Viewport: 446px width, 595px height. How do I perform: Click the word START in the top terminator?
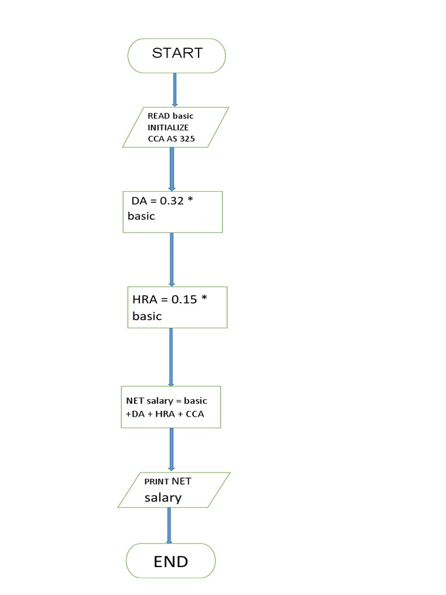click(177, 53)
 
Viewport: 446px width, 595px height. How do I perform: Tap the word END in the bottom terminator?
click(171, 562)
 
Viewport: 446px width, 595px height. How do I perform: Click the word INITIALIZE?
click(168, 127)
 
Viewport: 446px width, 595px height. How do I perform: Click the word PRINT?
click(157, 482)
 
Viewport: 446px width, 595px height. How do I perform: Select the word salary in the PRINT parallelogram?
click(163, 497)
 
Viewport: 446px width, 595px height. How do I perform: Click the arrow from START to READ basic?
click(175, 89)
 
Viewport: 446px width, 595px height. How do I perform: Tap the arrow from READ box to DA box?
click(172, 169)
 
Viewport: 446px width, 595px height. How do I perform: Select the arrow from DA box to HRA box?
click(171, 259)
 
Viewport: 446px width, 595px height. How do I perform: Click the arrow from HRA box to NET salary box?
click(171, 357)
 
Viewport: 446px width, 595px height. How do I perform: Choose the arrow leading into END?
click(169, 525)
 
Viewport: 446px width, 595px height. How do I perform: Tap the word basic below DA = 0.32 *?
click(142, 216)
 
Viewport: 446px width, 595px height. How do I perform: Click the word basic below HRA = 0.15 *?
click(147, 317)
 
